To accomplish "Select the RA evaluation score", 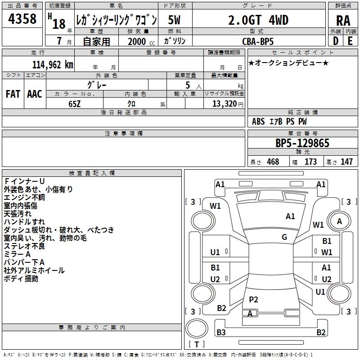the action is point(343,21).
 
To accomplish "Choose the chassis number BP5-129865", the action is point(302,143).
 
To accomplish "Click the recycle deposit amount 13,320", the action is point(223,104).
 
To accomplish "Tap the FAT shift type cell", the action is point(13,94).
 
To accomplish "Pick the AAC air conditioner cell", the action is point(34,94).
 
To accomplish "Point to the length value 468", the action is point(273,162).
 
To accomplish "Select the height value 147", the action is point(346,162).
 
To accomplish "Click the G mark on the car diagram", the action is point(284,237).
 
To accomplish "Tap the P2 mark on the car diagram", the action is point(253,300).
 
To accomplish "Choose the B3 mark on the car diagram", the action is point(221,333).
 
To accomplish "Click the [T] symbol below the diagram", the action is point(197,345).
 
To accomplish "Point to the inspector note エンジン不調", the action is point(24,198).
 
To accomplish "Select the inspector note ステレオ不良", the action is point(24,246).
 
